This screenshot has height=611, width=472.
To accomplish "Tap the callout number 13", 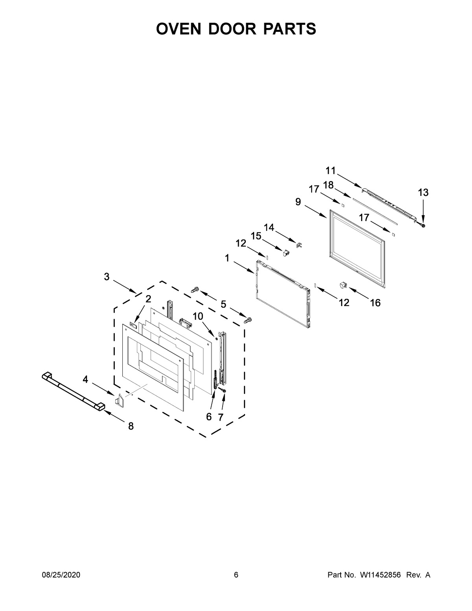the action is click(x=423, y=192).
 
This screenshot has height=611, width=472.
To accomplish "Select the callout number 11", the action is click(x=330, y=170).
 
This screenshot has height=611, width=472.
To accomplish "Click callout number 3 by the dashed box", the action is click(x=107, y=277).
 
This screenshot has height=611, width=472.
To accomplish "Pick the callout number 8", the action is click(x=131, y=426).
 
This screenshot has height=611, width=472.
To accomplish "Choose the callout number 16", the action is click(x=375, y=303).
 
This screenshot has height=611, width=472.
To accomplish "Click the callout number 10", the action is click(x=198, y=316).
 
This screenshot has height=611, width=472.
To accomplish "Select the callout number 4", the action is click(x=85, y=380).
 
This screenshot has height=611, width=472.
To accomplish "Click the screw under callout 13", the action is click(x=423, y=225).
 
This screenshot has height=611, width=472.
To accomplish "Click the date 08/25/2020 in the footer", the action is click(x=61, y=575).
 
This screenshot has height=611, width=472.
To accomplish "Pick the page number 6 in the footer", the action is click(x=236, y=575).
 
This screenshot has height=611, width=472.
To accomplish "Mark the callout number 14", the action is click(x=269, y=227).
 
